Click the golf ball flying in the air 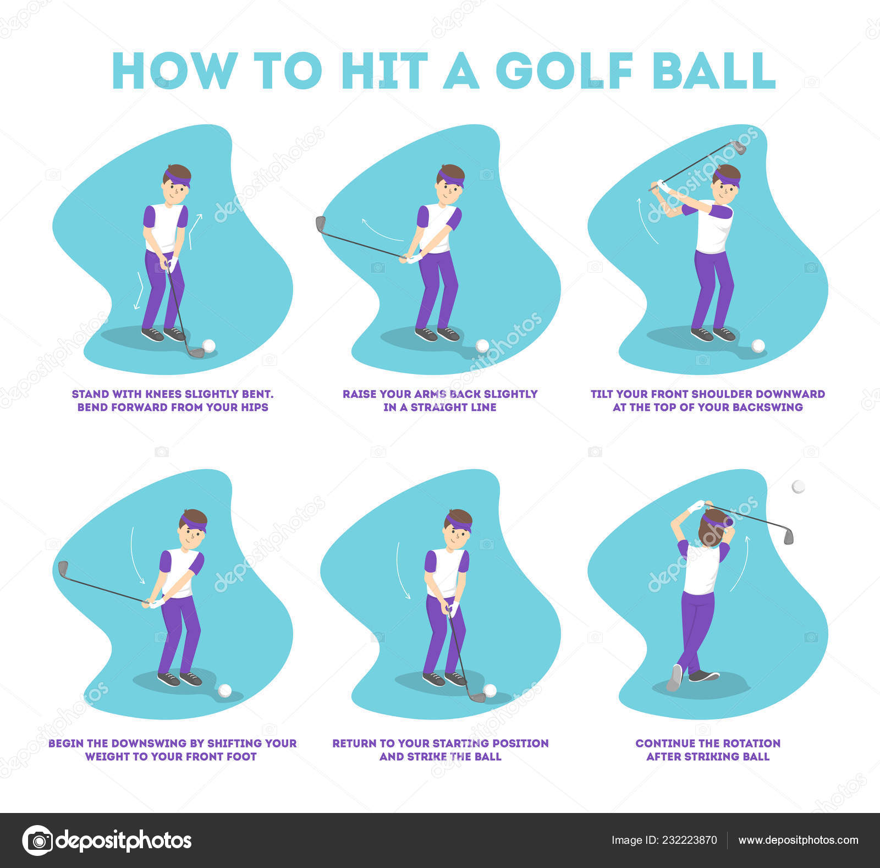tap(798, 487)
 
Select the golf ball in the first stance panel tap(209, 345)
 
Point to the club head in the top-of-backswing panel tap(738, 147)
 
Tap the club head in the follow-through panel tap(788, 535)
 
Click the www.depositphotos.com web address tap(798, 840)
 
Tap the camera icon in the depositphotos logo tap(38, 840)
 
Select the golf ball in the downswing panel tap(224, 690)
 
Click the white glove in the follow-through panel tap(696, 506)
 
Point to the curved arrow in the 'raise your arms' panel tap(382, 230)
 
